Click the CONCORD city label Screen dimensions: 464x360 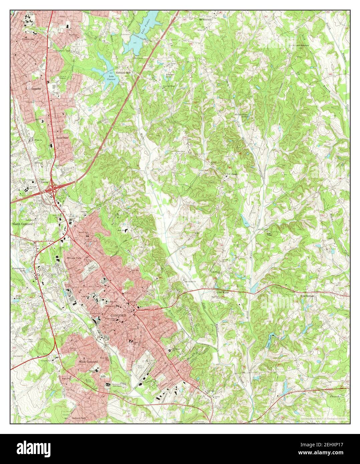point(118,315)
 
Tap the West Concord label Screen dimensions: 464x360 point(88,362)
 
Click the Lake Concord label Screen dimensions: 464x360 point(111,78)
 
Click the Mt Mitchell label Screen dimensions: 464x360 point(206,19)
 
